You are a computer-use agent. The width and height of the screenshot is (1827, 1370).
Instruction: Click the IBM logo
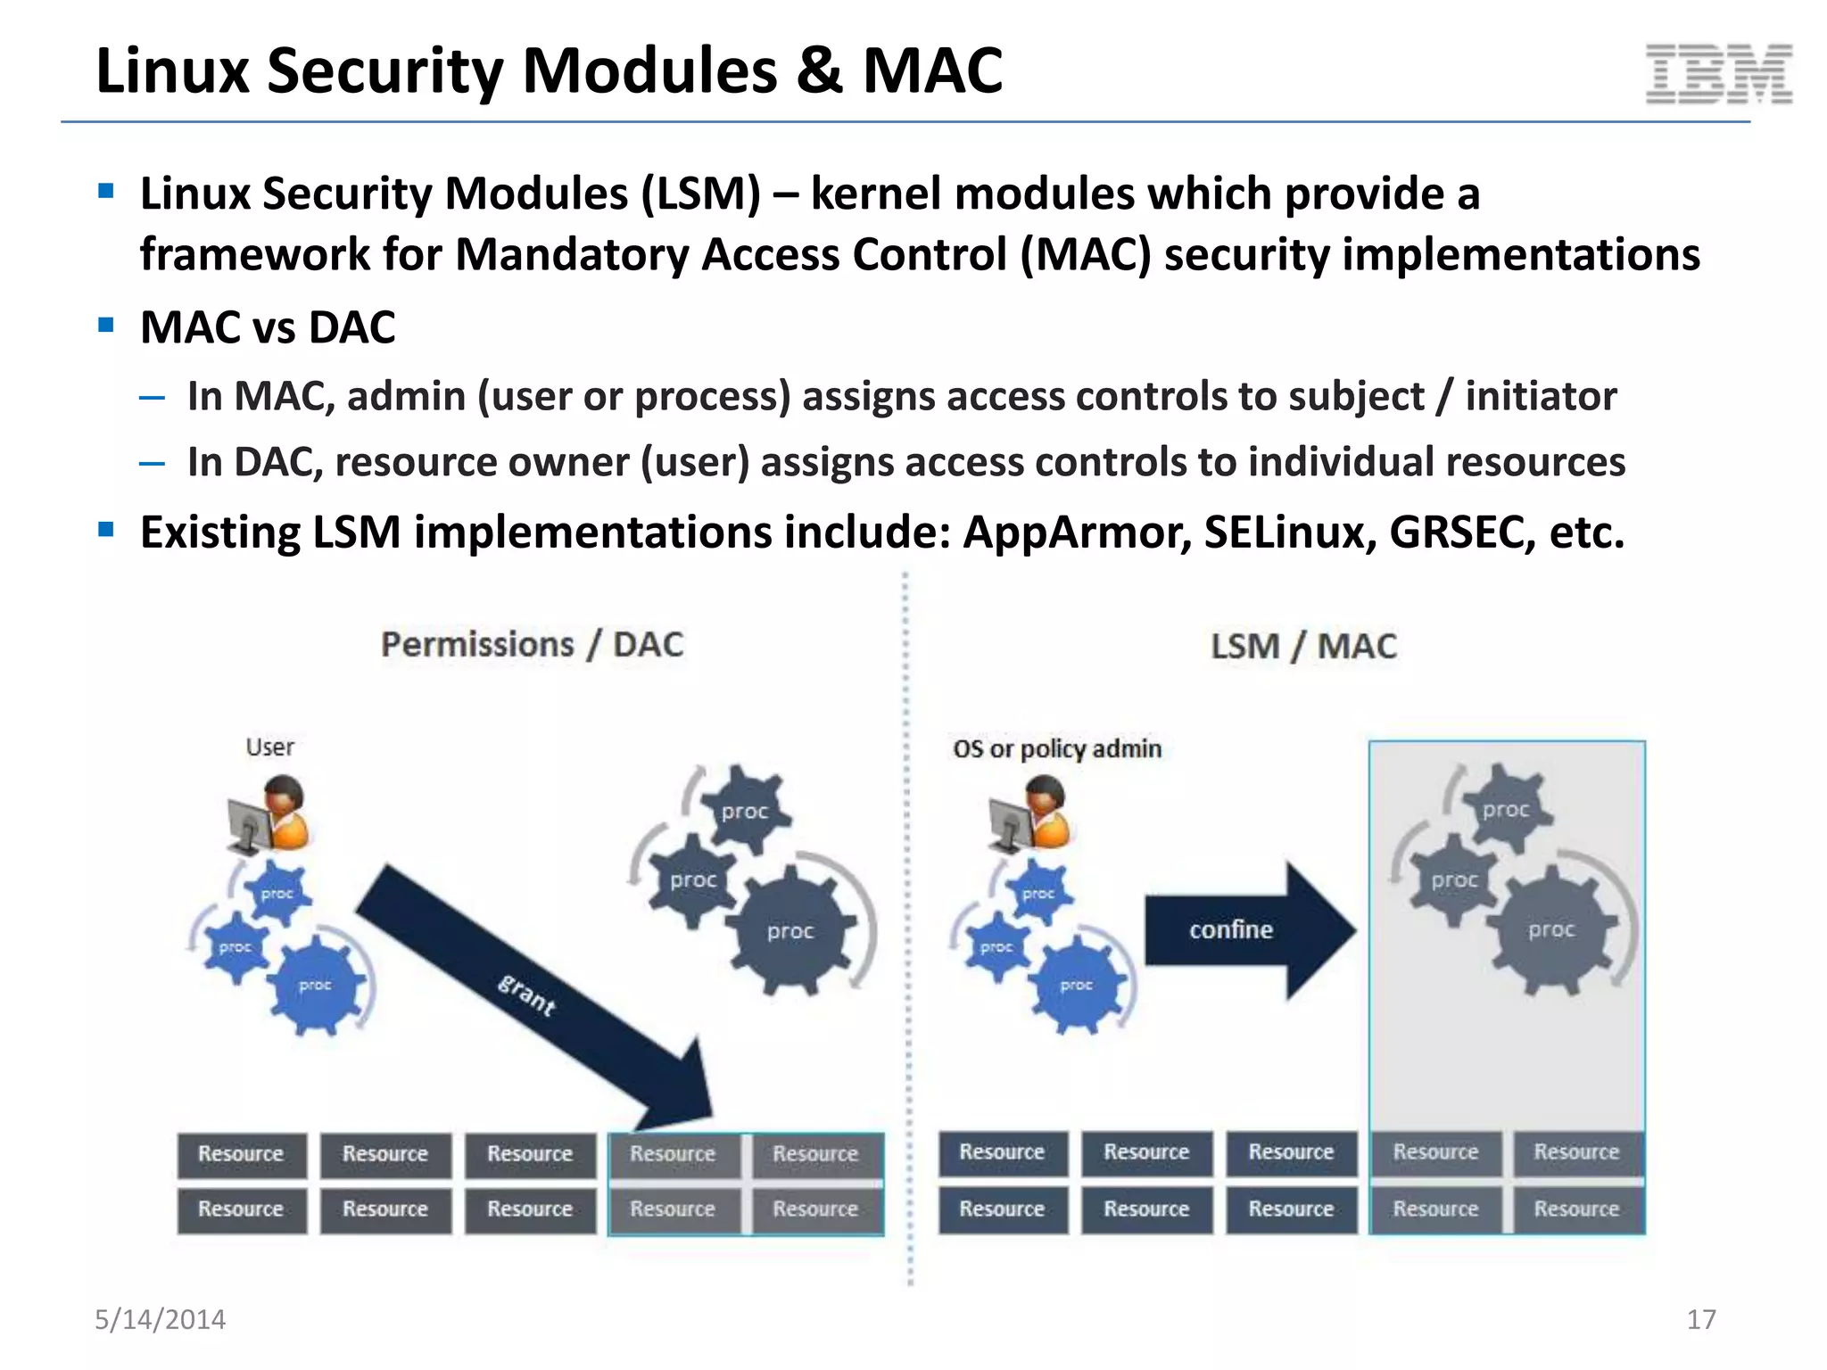(1718, 73)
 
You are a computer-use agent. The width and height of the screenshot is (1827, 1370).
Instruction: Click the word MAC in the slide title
(931, 70)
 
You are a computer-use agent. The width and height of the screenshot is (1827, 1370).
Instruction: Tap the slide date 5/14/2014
(161, 1319)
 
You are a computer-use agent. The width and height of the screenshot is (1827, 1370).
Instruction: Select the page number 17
(1700, 1319)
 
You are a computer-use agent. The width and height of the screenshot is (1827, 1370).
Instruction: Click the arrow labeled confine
(1249, 930)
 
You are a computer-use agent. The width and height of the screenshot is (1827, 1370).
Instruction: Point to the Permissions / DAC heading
(533, 644)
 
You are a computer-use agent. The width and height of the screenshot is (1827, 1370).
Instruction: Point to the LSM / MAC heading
(1303, 646)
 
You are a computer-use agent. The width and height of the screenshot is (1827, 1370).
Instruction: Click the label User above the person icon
(269, 747)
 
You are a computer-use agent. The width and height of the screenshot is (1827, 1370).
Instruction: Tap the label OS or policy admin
(1057, 748)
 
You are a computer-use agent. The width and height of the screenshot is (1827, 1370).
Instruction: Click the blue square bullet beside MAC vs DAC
(106, 325)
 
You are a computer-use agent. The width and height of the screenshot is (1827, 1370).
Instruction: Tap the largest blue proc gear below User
(316, 985)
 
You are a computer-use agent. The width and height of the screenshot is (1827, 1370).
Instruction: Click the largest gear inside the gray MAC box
(1551, 930)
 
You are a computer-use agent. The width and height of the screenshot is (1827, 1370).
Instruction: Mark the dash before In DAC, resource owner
(152, 463)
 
